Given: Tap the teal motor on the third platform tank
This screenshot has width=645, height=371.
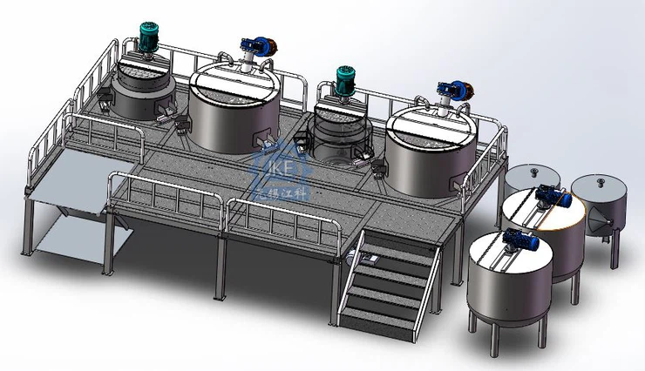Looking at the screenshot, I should click(x=345, y=76).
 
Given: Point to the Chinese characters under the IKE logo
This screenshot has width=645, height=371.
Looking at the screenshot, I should click(x=277, y=185).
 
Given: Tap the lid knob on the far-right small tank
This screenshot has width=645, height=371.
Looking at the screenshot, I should click(x=600, y=181).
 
